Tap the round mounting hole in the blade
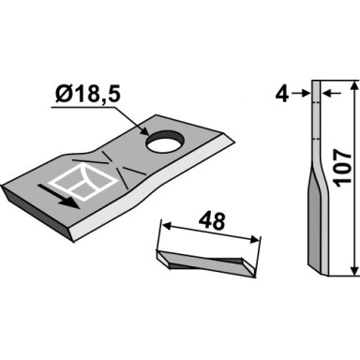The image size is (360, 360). pos(165,142)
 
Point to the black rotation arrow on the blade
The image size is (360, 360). pos(59,195)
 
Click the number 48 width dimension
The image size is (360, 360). pos(212,221)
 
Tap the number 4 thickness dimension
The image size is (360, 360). pos(282,94)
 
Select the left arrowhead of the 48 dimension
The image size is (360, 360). pos(167,226)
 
